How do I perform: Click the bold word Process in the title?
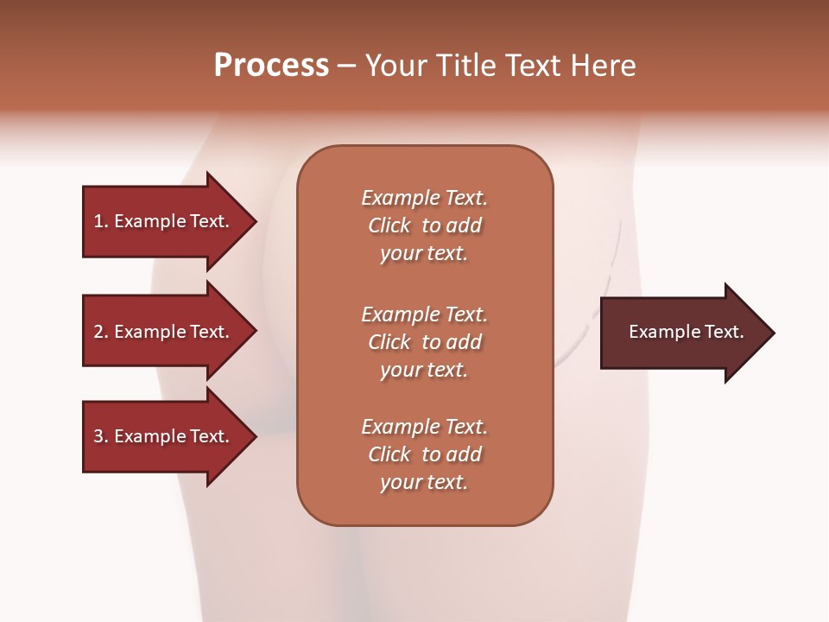(x=271, y=66)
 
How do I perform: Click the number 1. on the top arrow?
(x=101, y=221)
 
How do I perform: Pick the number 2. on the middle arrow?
(x=101, y=332)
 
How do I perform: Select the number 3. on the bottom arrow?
(x=101, y=436)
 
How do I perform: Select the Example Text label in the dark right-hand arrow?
(x=686, y=332)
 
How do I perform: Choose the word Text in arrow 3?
(x=210, y=436)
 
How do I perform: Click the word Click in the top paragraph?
(x=389, y=225)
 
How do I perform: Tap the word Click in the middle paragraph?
(x=389, y=342)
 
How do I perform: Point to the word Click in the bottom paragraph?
(x=389, y=454)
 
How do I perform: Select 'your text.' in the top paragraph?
(x=424, y=254)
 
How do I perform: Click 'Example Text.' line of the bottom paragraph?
(x=424, y=427)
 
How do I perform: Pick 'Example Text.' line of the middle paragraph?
(x=424, y=314)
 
